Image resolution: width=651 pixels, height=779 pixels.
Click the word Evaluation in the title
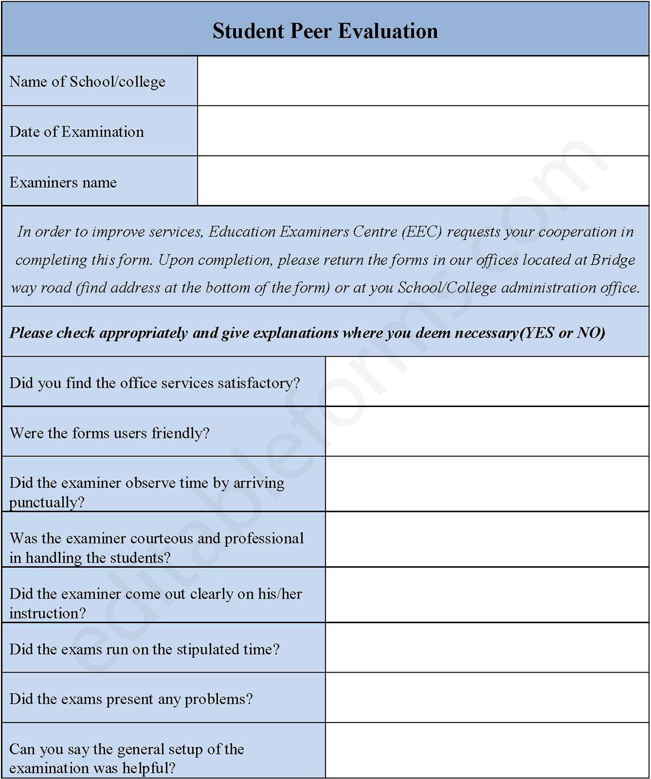(x=388, y=31)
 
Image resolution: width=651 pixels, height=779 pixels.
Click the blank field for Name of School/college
(x=423, y=81)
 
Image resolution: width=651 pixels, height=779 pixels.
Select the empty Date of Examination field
(x=423, y=131)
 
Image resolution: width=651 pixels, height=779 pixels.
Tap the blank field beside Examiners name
(x=423, y=181)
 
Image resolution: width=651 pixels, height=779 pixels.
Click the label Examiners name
(x=63, y=182)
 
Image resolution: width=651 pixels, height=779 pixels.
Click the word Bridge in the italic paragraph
(x=612, y=259)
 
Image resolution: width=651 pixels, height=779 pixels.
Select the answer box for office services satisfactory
(x=487, y=382)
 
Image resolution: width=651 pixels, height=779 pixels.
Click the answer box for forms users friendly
(x=487, y=431)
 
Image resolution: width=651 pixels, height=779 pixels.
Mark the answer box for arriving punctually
(x=487, y=484)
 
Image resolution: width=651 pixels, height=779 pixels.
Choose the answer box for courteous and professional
(x=487, y=539)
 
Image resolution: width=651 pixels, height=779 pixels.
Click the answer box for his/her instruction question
(x=487, y=595)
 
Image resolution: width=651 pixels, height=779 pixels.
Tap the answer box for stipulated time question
(x=487, y=648)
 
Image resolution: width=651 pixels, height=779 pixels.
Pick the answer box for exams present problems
(x=487, y=698)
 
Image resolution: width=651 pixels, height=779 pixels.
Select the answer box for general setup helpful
(x=487, y=751)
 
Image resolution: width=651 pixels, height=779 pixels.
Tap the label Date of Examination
(x=77, y=132)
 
